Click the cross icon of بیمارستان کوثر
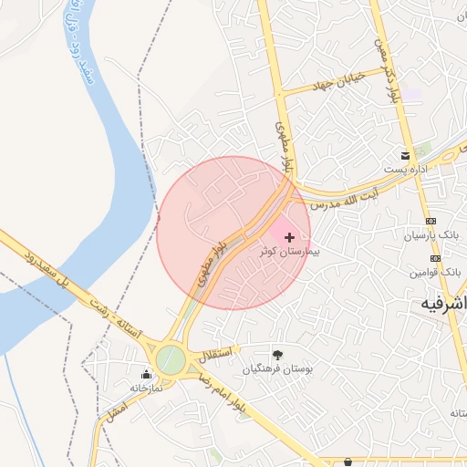click(290, 237)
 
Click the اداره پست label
click(406, 170)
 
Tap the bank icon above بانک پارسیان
click(431, 222)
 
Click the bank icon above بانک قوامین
click(435, 258)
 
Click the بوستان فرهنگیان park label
click(277, 369)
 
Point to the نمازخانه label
click(145, 388)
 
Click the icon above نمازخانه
click(146, 374)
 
